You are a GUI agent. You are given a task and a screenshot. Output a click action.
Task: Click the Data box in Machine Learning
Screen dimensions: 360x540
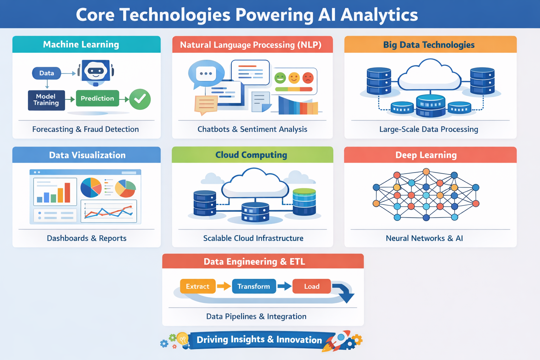click(46, 73)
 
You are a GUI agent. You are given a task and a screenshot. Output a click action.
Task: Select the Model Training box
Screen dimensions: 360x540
click(46, 100)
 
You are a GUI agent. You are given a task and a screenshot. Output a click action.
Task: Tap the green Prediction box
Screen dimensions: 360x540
click(97, 98)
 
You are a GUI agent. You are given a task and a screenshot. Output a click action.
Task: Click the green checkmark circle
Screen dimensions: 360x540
click(140, 99)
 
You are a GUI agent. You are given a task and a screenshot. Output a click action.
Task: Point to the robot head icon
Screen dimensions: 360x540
click(96, 72)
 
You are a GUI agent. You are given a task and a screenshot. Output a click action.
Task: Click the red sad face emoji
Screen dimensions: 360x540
click(308, 78)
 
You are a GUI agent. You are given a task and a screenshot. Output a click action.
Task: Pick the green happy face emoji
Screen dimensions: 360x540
click(280, 78)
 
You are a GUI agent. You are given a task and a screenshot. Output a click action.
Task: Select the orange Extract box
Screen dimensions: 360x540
click(198, 287)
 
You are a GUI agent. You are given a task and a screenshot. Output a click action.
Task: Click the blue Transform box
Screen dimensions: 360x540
click(254, 287)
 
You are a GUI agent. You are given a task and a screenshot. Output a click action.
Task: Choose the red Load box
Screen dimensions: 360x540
click(312, 287)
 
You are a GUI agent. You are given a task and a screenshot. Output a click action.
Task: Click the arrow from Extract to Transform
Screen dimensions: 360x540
click(224, 287)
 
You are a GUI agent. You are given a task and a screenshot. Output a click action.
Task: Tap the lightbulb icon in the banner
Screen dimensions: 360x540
click(182, 339)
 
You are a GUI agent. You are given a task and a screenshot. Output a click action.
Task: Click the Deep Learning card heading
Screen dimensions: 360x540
click(426, 155)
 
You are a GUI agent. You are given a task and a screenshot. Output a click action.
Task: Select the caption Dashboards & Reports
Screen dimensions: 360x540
click(86, 238)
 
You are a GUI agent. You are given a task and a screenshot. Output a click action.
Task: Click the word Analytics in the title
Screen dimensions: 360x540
click(379, 15)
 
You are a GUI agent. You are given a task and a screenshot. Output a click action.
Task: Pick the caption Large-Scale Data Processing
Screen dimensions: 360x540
click(429, 129)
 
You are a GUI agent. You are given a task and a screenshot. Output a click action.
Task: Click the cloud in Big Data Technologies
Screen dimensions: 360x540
click(429, 76)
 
